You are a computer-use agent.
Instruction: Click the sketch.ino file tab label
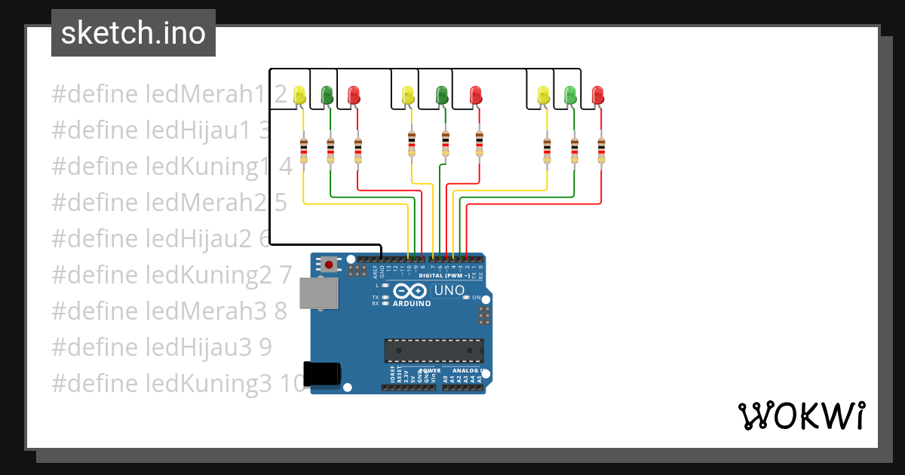click(x=133, y=33)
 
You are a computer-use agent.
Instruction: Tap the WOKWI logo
click(x=801, y=415)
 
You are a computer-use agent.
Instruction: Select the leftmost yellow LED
click(x=299, y=95)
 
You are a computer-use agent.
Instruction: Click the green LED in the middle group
click(x=443, y=95)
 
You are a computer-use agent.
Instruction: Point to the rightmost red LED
click(x=598, y=95)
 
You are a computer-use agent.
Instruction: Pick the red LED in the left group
click(x=354, y=95)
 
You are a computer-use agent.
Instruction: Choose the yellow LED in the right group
click(x=544, y=95)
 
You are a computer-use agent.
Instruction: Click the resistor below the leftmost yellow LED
click(x=303, y=150)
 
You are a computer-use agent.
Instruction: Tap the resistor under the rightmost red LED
click(x=601, y=150)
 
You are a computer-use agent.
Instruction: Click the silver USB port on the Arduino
click(x=318, y=293)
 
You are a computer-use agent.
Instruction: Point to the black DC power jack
click(x=322, y=375)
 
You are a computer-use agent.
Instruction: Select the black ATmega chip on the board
click(x=434, y=351)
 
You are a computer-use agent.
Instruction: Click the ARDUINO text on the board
click(x=412, y=304)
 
